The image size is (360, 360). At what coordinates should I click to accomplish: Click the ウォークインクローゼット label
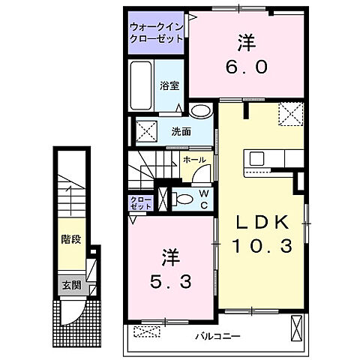coord(156,30)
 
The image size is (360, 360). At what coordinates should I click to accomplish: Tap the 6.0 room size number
coord(245,65)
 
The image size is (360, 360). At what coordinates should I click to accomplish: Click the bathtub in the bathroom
coord(142,85)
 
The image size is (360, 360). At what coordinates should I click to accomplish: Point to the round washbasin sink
coord(199,112)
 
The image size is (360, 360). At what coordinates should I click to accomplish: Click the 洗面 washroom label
coord(181,130)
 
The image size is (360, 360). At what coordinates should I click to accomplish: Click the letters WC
coord(202,198)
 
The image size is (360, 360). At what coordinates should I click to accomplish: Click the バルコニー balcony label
coord(218,335)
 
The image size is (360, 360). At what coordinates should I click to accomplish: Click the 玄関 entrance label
coord(71,285)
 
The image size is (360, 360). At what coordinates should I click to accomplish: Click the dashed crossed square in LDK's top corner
coord(289,113)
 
